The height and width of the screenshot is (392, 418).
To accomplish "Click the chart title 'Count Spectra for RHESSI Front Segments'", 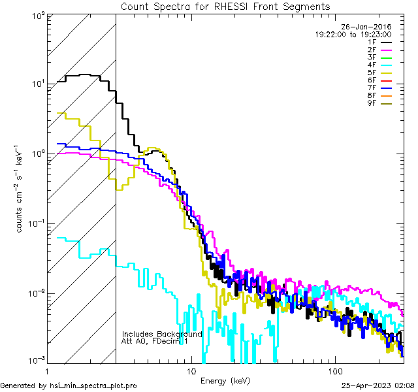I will [225, 6].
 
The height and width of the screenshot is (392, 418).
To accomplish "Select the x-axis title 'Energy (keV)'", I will [225, 380].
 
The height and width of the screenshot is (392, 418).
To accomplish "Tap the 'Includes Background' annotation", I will [162, 334].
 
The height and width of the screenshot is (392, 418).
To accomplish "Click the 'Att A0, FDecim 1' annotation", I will [154, 341].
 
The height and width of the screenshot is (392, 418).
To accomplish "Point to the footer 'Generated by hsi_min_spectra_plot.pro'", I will [69, 385].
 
